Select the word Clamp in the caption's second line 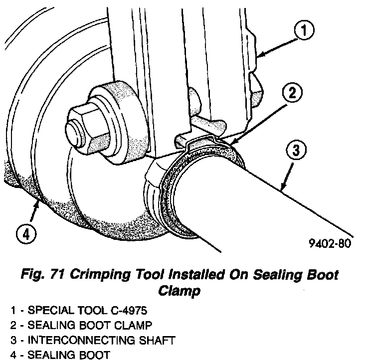click(179, 290)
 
